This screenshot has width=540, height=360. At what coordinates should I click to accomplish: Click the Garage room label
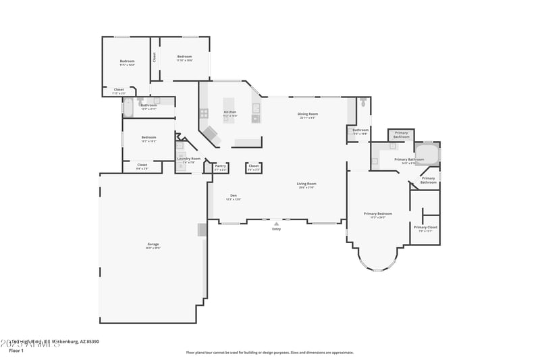(153, 244)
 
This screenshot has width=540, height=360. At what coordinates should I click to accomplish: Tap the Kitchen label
(230, 112)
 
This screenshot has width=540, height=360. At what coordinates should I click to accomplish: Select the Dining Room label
(308, 114)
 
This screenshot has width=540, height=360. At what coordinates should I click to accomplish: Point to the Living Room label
(306, 184)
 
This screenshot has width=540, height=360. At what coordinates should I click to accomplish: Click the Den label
(233, 195)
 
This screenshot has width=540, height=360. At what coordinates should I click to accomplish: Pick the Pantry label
(220, 165)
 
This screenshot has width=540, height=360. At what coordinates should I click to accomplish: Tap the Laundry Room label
(189, 159)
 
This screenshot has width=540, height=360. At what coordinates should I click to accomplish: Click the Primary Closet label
(425, 227)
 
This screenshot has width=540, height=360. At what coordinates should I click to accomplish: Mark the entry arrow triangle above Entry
(276, 224)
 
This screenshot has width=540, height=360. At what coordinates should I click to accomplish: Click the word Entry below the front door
(276, 230)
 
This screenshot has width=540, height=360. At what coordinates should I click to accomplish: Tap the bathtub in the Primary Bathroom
(426, 155)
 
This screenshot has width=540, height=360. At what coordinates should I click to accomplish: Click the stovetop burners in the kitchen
(203, 113)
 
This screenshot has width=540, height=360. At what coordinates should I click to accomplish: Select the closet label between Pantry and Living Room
(254, 165)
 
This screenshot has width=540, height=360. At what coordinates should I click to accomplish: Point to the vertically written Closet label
(155, 57)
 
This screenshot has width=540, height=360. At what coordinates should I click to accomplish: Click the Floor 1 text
(16, 351)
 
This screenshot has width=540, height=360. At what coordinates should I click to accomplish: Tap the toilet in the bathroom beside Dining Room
(363, 103)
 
